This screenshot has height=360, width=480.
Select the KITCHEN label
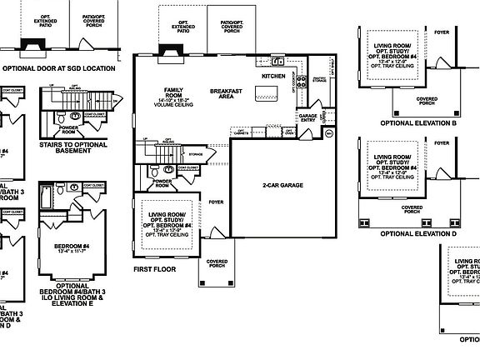pyautogui.click(x=273, y=76)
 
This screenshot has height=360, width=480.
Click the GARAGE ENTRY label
pyautogui.click(x=307, y=117)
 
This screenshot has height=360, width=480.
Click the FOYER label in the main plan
pyautogui.click(x=217, y=202)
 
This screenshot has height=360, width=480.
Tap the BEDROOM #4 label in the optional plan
pyautogui.click(x=72, y=247)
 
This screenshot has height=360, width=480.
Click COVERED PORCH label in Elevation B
pyautogui.click(x=426, y=100)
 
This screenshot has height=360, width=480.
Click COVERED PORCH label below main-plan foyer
pyautogui.click(x=216, y=264)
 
